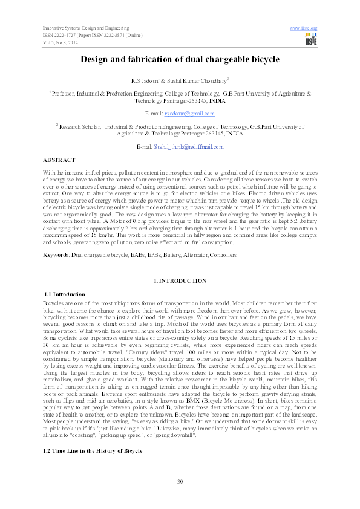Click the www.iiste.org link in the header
point(304,28)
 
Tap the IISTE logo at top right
point(311,40)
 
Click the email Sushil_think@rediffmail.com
point(188,147)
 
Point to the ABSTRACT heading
point(59,160)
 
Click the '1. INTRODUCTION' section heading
point(180,281)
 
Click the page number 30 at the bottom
point(180,481)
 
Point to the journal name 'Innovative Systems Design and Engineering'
point(85,28)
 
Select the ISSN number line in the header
point(92,35)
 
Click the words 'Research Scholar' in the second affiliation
point(80,127)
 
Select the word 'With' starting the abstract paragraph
point(48,173)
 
